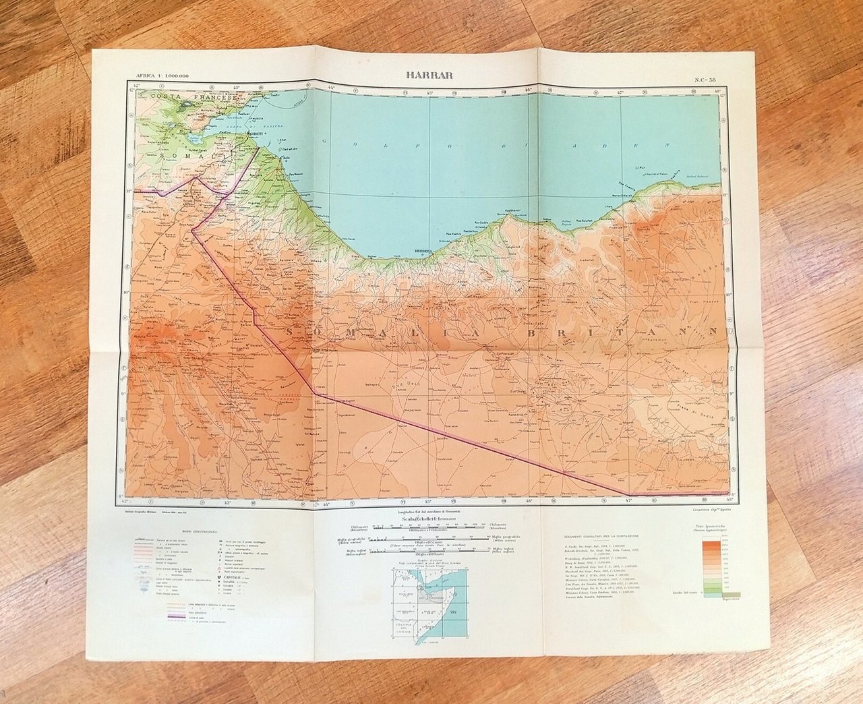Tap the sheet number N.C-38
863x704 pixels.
[x=707, y=80]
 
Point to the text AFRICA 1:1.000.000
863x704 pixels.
[x=162, y=76]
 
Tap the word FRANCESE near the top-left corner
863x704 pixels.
[x=213, y=98]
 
